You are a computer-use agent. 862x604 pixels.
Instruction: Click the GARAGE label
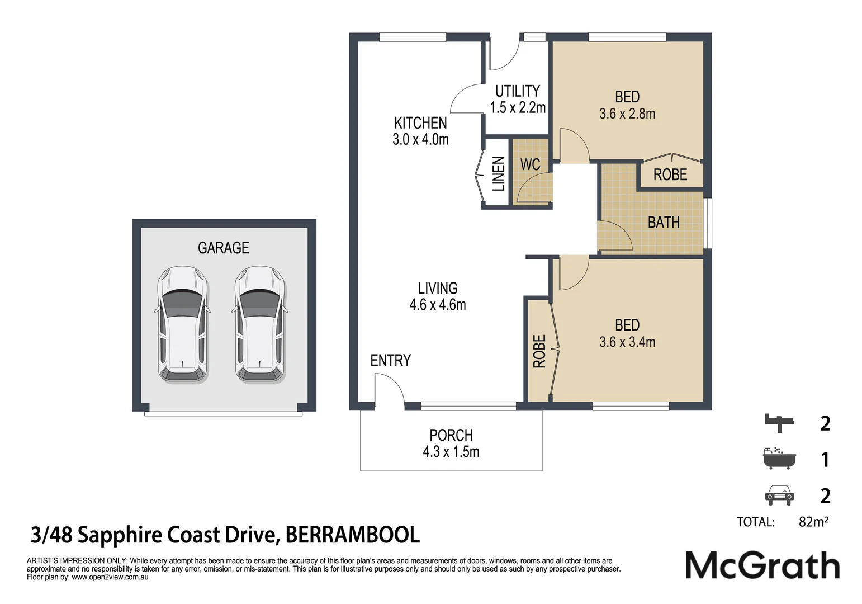pyautogui.click(x=223, y=248)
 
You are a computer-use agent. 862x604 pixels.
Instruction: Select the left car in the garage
pyautogui.click(x=182, y=325)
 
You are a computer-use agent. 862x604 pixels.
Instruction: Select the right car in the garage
pyautogui.click(x=260, y=325)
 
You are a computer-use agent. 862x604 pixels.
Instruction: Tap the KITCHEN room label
pyautogui.click(x=420, y=123)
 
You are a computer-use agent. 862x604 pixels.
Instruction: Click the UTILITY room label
pyautogui.click(x=518, y=91)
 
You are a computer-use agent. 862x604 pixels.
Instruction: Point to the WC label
pyautogui.click(x=530, y=164)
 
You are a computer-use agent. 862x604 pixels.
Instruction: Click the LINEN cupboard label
pyautogui.click(x=498, y=174)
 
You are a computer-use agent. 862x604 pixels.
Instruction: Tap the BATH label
pyautogui.click(x=664, y=223)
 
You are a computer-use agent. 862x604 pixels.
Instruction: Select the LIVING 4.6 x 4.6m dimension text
pyautogui.click(x=437, y=305)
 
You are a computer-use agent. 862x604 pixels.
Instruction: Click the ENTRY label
pyautogui.click(x=390, y=361)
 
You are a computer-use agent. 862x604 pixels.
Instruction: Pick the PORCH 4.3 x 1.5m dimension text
pyautogui.click(x=451, y=452)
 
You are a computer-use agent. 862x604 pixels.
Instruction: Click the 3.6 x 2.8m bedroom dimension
pyautogui.click(x=627, y=114)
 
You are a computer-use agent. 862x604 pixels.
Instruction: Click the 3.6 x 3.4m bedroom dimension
pyautogui.click(x=627, y=342)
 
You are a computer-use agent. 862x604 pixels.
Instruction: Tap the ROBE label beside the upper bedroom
pyautogui.click(x=670, y=175)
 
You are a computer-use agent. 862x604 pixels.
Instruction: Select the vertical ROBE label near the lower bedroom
pyautogui.click(x=539, y=351)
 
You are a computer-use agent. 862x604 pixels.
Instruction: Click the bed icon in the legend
pyautogui.click(x=779, y=423)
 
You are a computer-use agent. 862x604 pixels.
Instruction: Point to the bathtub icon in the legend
pyautogui.click(x=779, y=459)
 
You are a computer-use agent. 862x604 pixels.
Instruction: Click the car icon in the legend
pyautogui.click(x=779, y=495)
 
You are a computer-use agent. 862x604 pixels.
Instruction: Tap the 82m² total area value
pyautogui.click(x=813, y=522)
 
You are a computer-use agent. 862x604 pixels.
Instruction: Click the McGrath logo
pyautogui.click(x=762, y=565)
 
